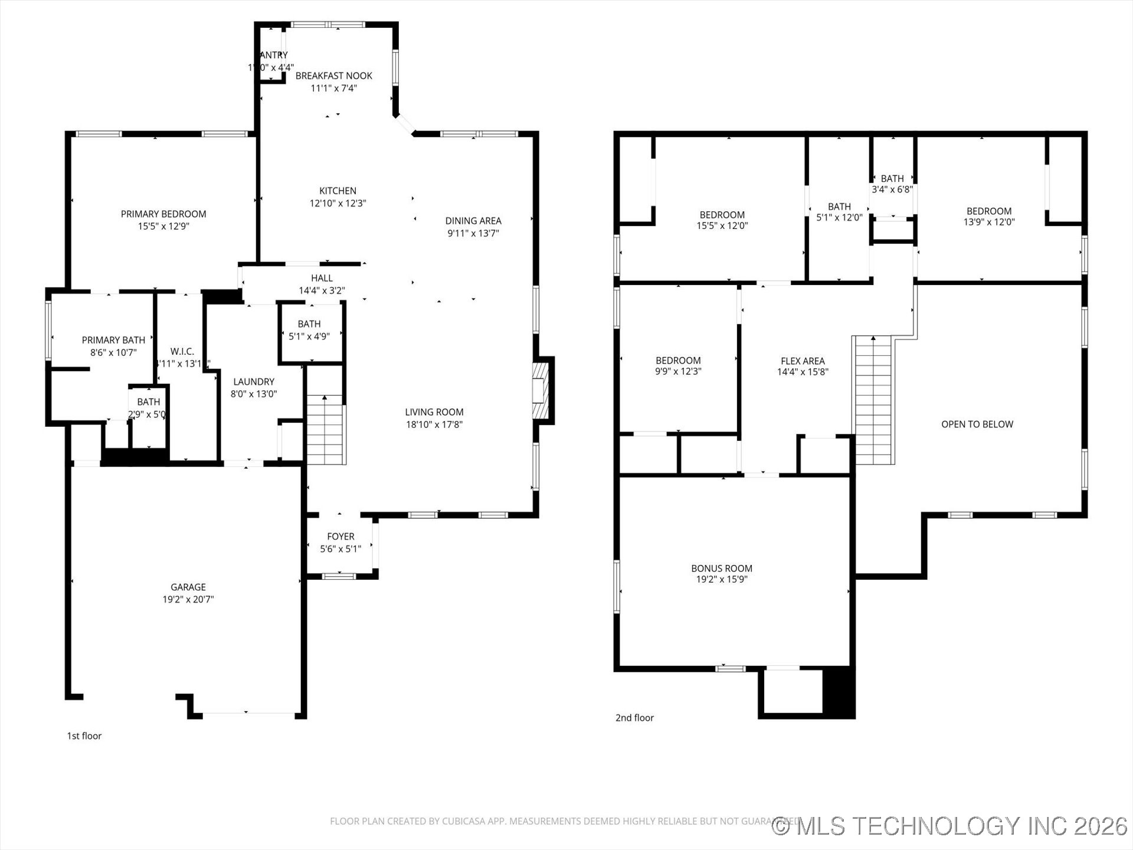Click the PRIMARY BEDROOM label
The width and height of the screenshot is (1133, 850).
click(163, 214)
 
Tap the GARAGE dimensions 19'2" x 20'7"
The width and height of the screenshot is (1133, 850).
click(188, 599)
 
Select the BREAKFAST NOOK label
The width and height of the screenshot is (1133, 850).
click(333, 76)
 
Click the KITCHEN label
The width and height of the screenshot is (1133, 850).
click(338, 191)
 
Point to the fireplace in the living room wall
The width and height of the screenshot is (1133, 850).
click(541, 391)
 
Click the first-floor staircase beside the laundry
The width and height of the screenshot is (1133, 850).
click(325, 430)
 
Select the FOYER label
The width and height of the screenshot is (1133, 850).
click(340, 536)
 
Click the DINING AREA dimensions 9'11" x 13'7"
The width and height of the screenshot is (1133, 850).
click(473, 233)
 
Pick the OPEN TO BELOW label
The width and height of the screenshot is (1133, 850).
click(977, 424)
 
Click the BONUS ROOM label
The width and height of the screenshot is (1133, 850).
click(722, 568)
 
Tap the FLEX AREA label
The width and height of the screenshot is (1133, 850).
click(803, 361)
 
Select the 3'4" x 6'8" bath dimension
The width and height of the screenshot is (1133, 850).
click(892, 189)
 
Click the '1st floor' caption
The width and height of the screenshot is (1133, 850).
click(84, 735)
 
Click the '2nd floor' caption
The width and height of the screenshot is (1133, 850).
click(634, 718)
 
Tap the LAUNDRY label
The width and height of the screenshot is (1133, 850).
click(254, 381)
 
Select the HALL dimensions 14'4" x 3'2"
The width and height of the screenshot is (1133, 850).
click(322, 290)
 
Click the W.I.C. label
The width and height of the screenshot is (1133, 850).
click(182, 351)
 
